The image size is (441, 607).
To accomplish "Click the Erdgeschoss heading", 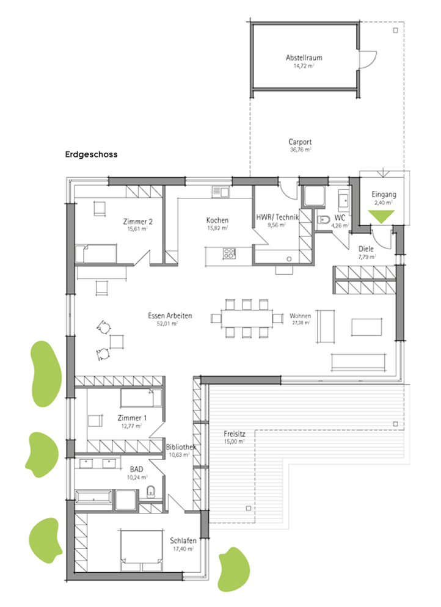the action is (92, 154).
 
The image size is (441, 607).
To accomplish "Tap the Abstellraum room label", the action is (304, 57).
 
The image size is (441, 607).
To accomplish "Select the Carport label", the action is (300, 142).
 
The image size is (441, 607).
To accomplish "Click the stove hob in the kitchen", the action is (229, 253).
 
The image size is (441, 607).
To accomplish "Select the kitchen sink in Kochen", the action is (221, 191).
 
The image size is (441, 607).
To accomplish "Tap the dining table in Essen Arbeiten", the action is (247, 318).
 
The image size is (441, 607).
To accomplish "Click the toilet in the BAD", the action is (151, 492).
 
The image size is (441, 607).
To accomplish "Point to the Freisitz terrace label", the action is (235, 434).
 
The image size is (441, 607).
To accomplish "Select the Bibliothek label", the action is (181, 447).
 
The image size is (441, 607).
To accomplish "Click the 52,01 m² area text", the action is (167, 323).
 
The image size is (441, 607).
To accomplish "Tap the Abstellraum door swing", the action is (368, 60).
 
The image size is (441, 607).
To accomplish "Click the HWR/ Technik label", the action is (277, 217).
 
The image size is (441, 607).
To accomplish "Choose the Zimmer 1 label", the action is (132, 418).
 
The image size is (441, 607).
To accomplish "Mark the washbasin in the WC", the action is (344, 200).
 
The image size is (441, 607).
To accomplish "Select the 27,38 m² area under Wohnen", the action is (301, 322).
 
